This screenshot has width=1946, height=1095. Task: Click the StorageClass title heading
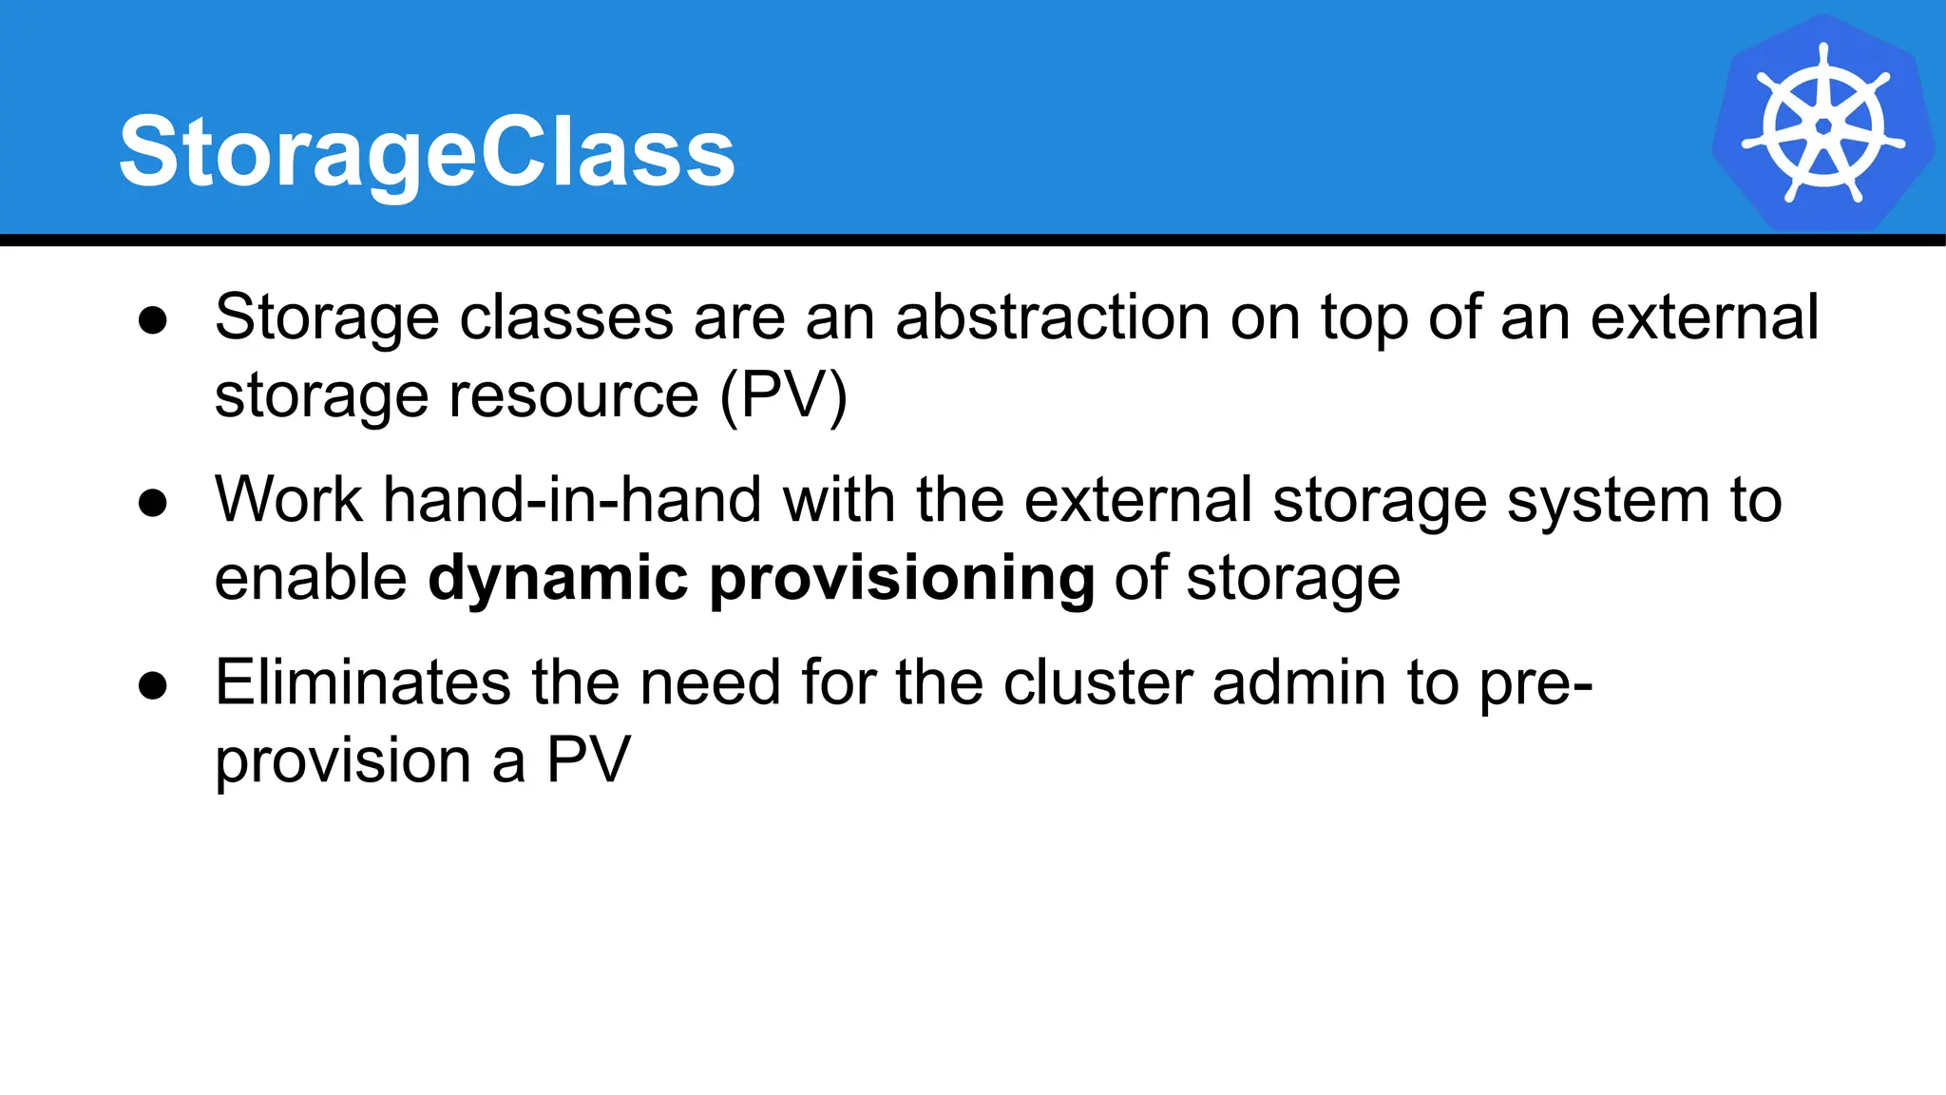427,152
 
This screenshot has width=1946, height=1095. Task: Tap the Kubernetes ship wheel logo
1822,125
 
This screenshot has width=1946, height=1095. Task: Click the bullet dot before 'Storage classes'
152,320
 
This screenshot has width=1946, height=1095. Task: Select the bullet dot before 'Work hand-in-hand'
152,503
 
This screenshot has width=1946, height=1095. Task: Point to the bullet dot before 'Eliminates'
152,685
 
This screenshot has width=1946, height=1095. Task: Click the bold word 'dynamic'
558,579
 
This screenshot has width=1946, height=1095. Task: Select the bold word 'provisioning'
902,579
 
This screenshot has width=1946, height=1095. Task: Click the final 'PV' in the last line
588,760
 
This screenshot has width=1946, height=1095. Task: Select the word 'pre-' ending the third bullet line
1536,684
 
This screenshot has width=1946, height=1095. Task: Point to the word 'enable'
311,578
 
